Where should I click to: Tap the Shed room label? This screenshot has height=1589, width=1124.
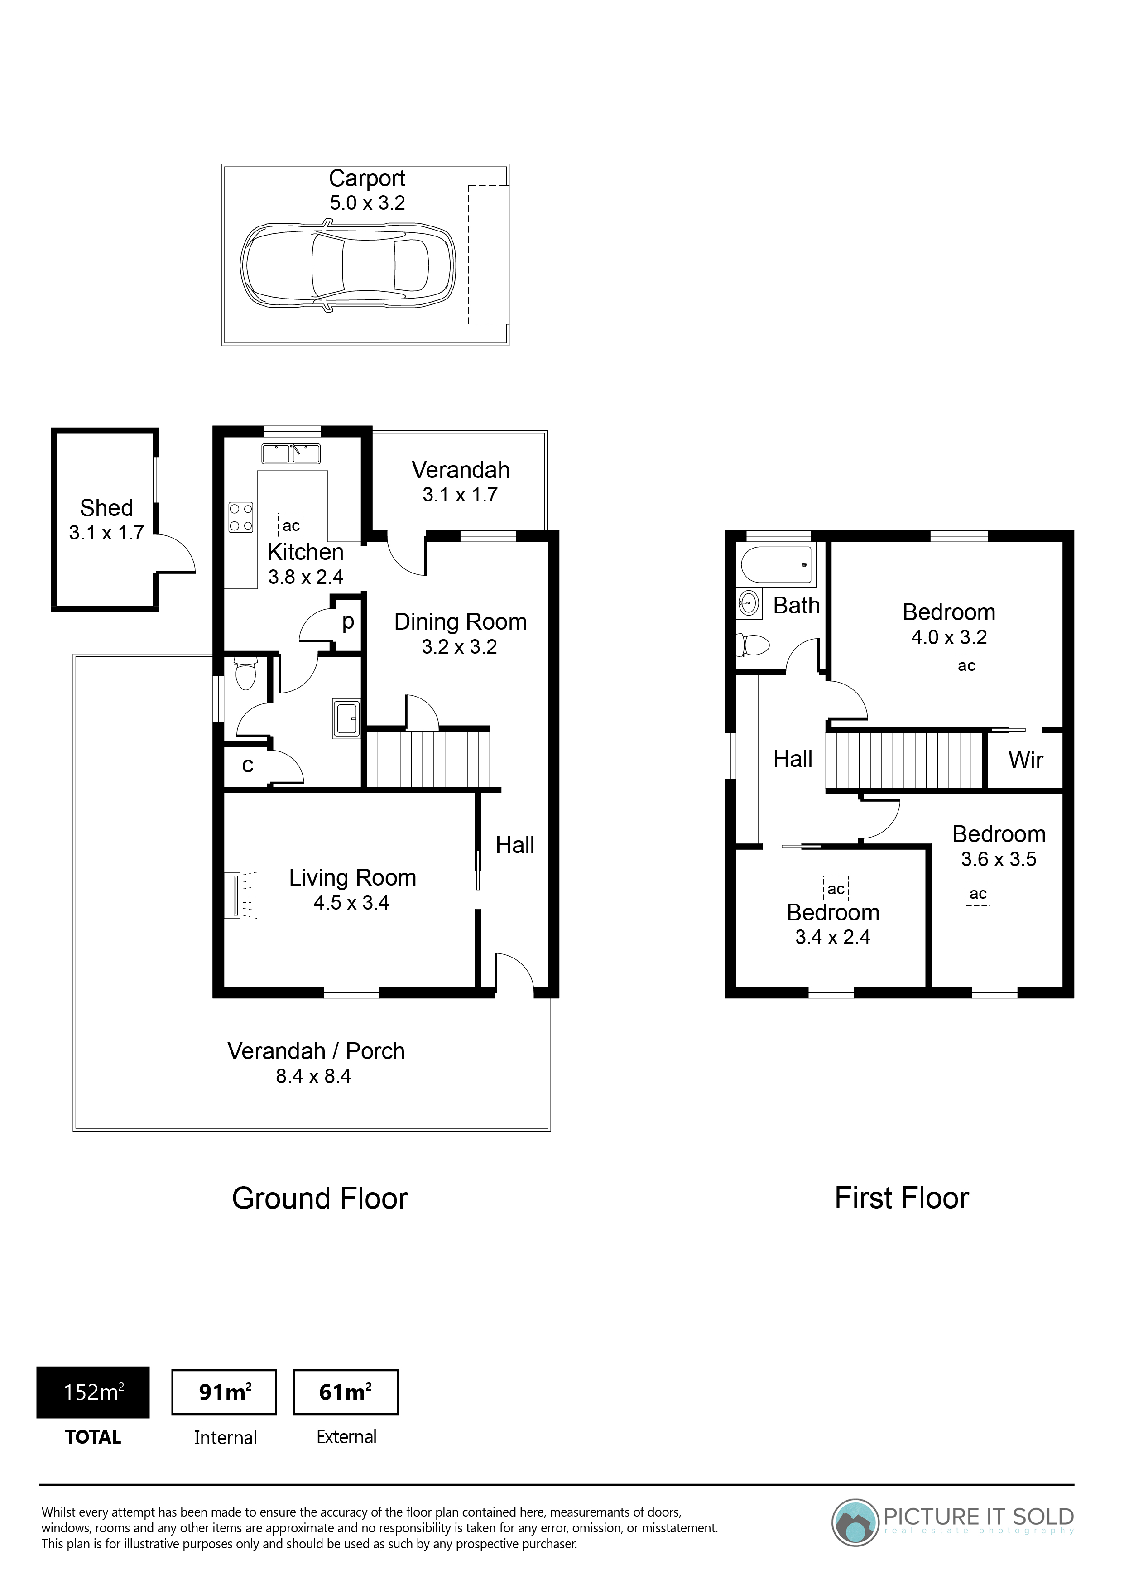pos(106,508)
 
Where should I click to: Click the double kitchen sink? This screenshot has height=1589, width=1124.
pos(291,453)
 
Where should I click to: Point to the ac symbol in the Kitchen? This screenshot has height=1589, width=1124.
pos(291,525)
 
